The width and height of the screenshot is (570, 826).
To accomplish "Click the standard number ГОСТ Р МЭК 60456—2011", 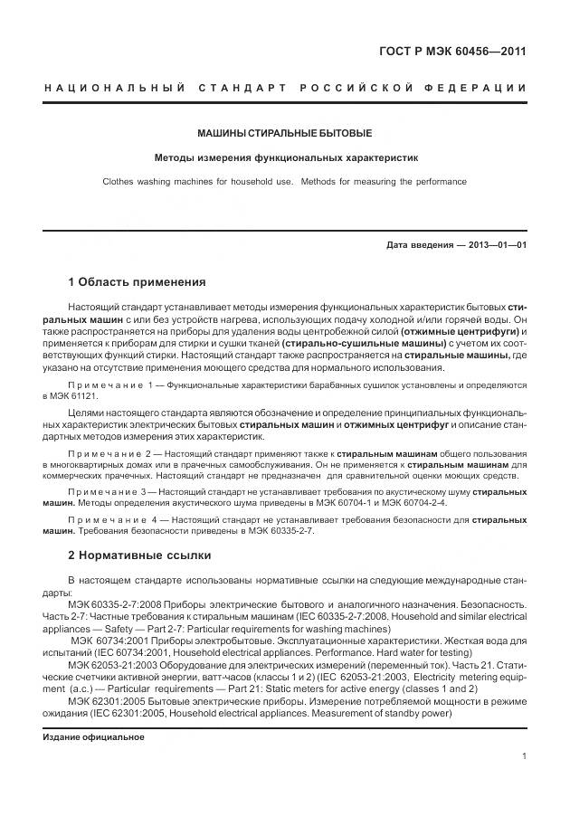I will [451, 51].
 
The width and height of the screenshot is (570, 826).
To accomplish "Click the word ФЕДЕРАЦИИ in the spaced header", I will [480, 87].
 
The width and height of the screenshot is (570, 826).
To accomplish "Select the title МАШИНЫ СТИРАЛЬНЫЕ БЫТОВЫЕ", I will [285, 133].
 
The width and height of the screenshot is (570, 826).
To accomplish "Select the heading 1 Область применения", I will [137, 281].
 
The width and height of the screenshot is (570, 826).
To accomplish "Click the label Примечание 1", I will [107, 385].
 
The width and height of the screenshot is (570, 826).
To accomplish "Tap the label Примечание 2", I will [107, 451].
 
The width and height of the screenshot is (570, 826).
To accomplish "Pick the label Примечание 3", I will [107, 490].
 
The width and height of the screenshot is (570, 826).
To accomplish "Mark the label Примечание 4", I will [107, 520].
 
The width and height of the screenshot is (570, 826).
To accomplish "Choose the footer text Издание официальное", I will [94, 736].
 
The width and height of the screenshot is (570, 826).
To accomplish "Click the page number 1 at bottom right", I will [524, 758].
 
